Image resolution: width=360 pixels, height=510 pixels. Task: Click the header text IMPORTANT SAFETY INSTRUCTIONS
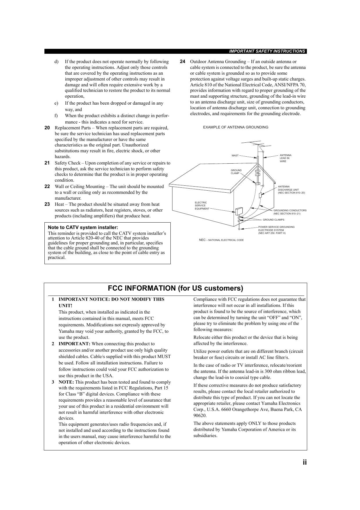point(267,51)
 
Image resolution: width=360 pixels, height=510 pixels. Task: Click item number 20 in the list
point(47,128)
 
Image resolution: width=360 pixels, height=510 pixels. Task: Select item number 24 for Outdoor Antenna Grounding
point(182,62)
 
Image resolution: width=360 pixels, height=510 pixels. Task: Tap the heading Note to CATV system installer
point(83,228)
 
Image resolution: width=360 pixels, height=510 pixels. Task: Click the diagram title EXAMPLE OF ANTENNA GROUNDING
point(235,127)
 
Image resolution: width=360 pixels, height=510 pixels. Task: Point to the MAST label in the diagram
point(235,155)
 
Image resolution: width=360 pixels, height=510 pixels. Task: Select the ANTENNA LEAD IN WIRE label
point(285,158)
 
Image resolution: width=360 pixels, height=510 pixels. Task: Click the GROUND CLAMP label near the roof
point(236,172)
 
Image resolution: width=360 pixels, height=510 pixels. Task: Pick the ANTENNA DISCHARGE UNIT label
point(291,190)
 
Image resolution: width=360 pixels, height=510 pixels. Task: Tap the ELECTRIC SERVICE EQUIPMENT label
point(202,205)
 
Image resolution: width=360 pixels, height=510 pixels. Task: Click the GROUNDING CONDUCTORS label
point(290,212)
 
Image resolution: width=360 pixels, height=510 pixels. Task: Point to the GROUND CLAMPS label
point(273,220)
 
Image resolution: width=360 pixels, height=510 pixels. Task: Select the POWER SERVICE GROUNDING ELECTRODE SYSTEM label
point(276,230)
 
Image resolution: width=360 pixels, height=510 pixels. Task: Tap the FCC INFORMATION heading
point(175,288)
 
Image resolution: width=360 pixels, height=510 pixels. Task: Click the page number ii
point(305,462)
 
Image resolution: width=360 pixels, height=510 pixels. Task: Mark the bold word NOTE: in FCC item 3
point(66,382)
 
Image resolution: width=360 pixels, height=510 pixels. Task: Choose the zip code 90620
point(200,416)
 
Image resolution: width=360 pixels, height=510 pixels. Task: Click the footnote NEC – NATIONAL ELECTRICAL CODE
point(221,240)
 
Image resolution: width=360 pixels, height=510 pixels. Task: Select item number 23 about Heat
point(47,204)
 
